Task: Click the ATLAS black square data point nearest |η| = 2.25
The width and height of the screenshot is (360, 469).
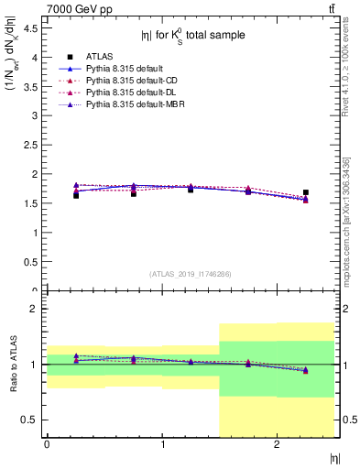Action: (x=306, y=192)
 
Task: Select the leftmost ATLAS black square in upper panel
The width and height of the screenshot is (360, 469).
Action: (x=76, y=195)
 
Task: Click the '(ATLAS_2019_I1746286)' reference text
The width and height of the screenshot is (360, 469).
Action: (x=190, y=274)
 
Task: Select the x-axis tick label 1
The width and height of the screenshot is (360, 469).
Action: (x=162, y=444)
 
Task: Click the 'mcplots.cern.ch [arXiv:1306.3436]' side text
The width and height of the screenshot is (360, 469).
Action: (x=345, y=220)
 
